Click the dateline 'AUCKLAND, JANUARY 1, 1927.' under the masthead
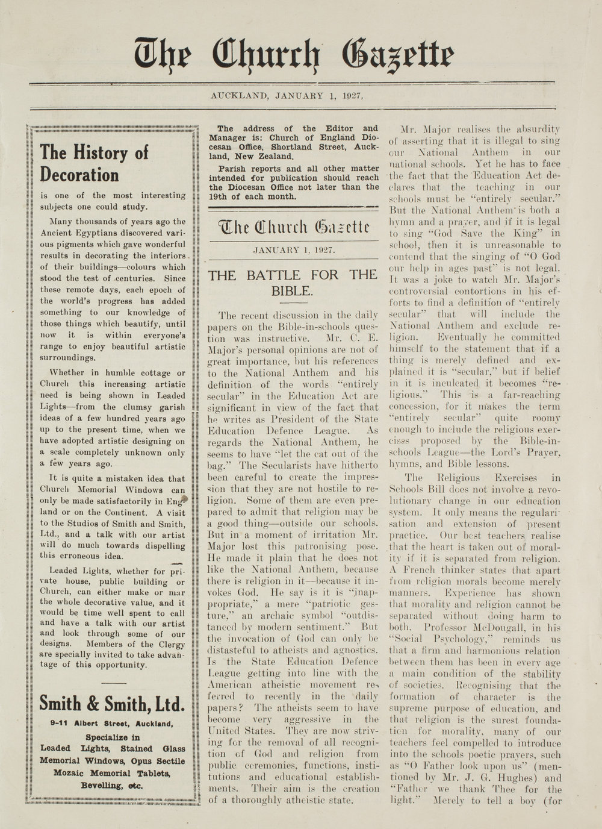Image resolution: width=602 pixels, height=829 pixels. coord(287,96)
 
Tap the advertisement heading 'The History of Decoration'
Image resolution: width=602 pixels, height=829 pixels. coord(94,163)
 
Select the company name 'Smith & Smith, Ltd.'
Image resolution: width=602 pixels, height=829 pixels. coord(112,703)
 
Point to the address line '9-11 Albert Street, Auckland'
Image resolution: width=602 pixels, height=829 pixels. coord(113,724)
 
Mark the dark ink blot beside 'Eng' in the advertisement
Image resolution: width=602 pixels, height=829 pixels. coord(185,499)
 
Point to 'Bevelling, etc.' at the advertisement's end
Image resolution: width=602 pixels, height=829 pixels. coord(113,786)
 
